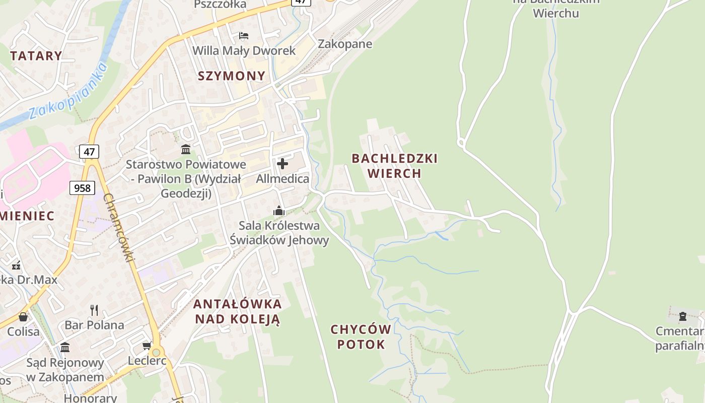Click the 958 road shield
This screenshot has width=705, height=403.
click(x=82, y=188)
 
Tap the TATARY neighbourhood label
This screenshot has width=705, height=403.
click(x=36, y=56)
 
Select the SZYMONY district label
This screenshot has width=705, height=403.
click(x=231, y=76)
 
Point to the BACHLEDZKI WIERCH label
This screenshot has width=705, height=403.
click(x=394, y=166)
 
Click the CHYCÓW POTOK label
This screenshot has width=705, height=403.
click(x=361, y=337)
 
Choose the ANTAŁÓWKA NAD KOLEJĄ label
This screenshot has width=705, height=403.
click(x=237, y=311)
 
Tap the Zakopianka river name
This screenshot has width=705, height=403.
click(x=68, y=91)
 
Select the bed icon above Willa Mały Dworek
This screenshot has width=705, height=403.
click(x=244, y=36)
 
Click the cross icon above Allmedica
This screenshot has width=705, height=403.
click(x=283, y=164)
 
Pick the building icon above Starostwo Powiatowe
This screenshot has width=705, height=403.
click(x=186, y=149)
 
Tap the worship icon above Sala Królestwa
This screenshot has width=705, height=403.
click(x=278, y=211)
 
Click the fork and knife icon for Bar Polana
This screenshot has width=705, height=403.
click(x=94, y=310)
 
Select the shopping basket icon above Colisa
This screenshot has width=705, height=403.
click(x=23, y=317)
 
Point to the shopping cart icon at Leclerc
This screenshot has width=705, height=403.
click(x=147, y=346)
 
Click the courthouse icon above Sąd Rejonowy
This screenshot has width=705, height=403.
click(x=65, y=348)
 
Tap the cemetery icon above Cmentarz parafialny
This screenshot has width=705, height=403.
click(x=683, y=316)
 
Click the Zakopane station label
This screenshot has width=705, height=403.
click(x=345, y=44)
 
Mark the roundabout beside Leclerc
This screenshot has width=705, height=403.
click(x=156, y=352)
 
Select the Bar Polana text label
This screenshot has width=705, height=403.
click(x=94, y=325)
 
